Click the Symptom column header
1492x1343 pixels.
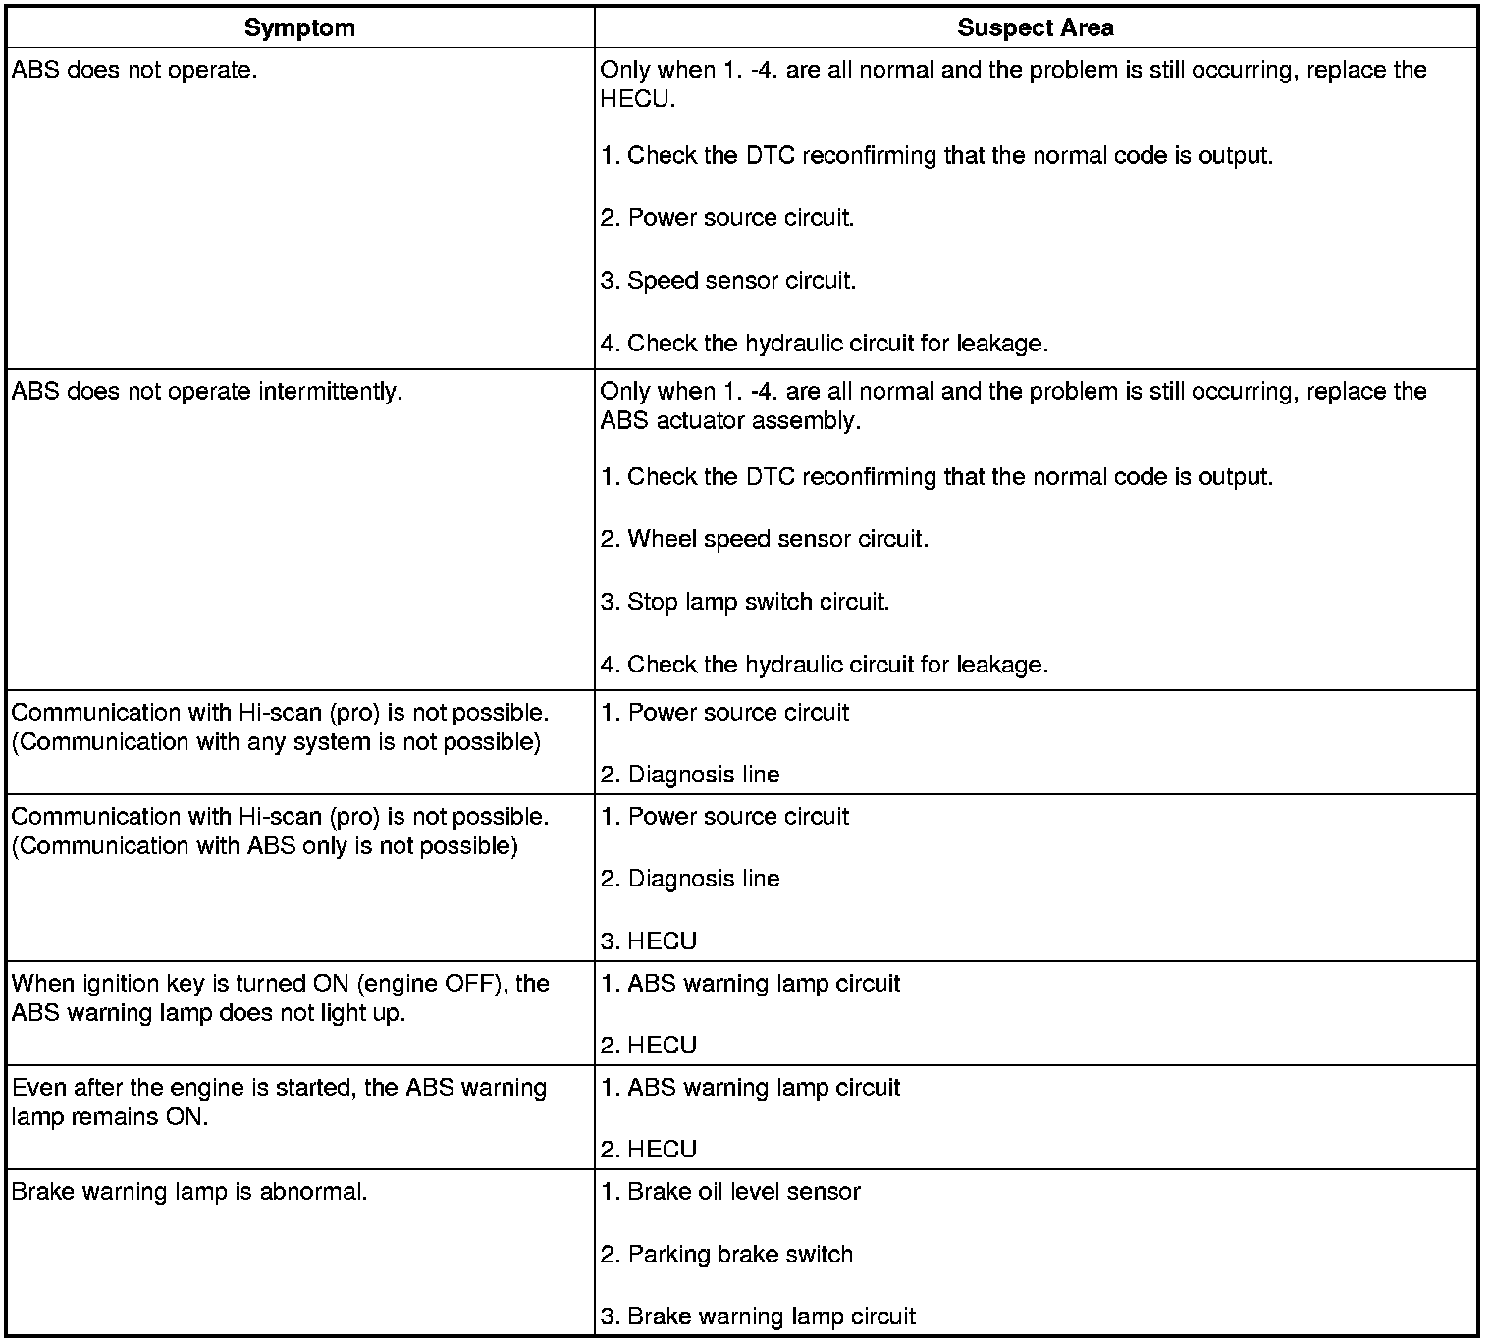click(299, 27)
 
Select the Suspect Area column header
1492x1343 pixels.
click(1035, 27)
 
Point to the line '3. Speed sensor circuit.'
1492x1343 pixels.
click(727, 281)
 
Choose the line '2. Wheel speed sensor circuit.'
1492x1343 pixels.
click(764, 539)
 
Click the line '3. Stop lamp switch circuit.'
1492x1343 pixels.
click(744, 602)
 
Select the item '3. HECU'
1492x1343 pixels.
click(648, 941)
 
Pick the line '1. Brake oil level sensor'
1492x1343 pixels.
click(730, 1192)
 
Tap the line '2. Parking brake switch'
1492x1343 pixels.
click(726, 1255)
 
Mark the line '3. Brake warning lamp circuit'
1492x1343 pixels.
click(758, 1317)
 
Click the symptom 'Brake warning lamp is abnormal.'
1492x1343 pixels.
click(189, 1192)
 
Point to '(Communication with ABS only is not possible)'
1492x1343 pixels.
click(264, 846)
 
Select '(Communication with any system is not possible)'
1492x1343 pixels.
click(276, 742)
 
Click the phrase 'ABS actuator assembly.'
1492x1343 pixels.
click(730, 421)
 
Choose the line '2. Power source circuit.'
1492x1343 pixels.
click(726, 218)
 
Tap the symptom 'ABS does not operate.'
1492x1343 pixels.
click(134, 71)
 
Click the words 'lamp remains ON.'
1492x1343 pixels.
click(110, 1117)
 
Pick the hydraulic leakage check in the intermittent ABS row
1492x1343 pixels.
click(824, 665)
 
